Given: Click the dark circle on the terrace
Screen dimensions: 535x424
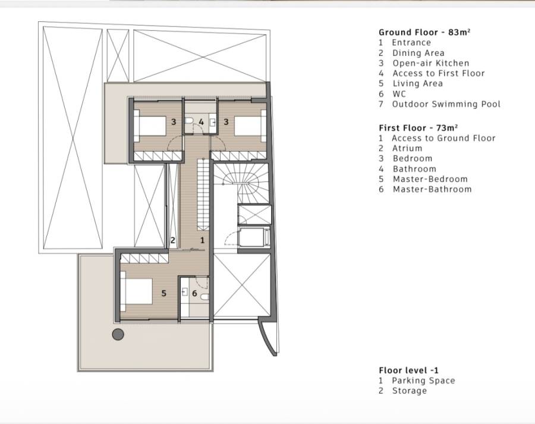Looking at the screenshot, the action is tap(118, 334).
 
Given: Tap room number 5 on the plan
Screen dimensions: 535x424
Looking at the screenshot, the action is tap(164, 293).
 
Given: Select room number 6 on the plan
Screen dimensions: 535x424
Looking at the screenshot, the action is tap(194, 293).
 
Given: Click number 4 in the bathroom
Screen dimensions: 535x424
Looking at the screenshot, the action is tap(202, 122).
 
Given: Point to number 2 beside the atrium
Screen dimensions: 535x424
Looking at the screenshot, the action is tap(172, 240).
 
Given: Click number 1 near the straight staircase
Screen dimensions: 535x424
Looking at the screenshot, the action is tap(202, 240).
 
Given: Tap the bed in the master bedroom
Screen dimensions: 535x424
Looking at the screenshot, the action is tap(136, 291).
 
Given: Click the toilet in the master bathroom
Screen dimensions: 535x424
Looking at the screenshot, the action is tap(204, 297).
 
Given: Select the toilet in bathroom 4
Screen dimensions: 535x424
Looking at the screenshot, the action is tap(189, 121).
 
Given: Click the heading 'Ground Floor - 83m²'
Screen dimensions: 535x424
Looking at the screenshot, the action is tap(424, 33).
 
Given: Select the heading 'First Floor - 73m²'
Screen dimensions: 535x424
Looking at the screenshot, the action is tap(418, 128).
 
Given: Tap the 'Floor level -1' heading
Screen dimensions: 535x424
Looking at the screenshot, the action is tap(409, 370).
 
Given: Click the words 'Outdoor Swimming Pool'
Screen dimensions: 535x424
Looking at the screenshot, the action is tap(446, 104).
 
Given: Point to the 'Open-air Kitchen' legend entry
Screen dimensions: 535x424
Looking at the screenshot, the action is tap(431, 64).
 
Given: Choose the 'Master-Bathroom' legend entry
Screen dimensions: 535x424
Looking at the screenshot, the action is tap(432, 190).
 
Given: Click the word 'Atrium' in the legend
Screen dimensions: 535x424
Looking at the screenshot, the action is tap(407, 149).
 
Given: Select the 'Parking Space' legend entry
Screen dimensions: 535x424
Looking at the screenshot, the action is tap(423, 381).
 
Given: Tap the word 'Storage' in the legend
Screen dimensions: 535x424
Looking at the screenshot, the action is tap(410, 391).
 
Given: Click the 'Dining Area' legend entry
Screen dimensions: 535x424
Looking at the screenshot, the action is tap(418, 54).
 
